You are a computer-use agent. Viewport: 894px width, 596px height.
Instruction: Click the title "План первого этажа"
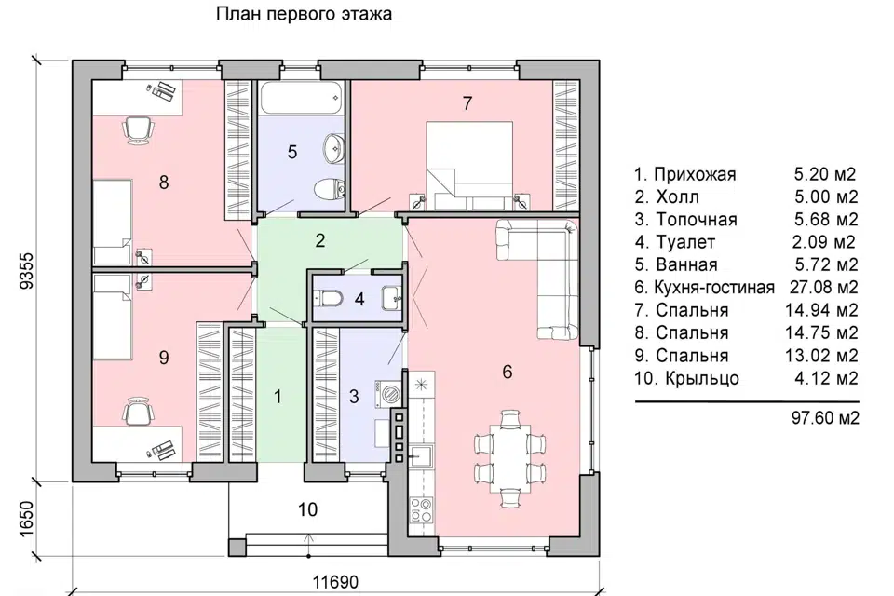coord(305,14)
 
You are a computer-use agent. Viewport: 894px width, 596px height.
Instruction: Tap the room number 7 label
coord(468,103)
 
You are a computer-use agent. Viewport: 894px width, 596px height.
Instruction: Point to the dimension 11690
coord(335,583)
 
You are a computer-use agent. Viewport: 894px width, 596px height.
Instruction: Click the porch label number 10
coord(307,509)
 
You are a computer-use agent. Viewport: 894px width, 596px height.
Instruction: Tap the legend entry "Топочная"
coord(685,220)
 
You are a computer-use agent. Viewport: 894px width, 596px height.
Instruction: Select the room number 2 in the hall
coord(319,241)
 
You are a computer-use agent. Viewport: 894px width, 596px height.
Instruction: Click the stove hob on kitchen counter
coord(422,509)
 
